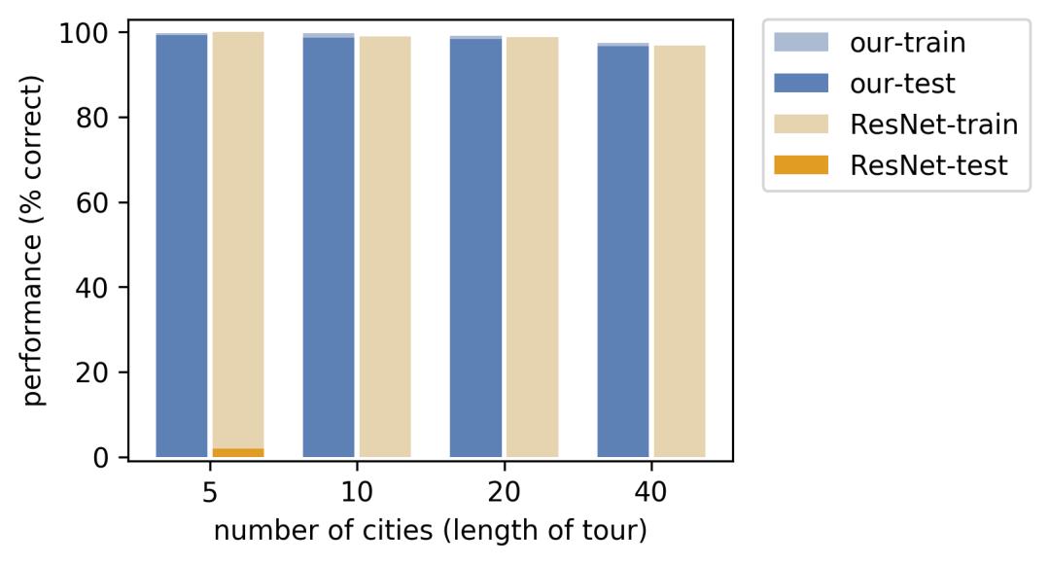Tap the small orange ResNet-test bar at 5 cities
(238, 452)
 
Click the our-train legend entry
(890, 43)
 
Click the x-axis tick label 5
(210, 492)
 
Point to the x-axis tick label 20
(504, 492)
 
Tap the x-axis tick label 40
(651, 492)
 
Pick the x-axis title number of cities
(430, 532)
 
